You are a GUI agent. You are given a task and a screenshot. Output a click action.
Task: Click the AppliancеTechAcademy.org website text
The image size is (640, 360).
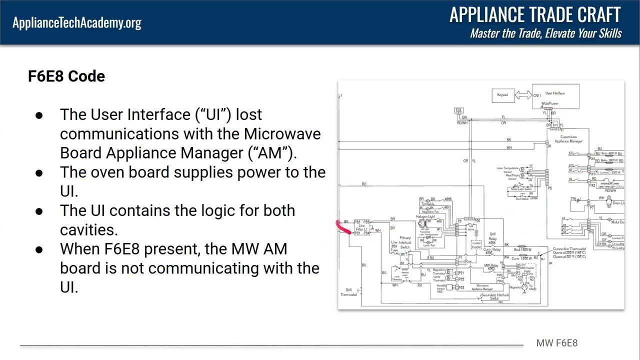point(77,22)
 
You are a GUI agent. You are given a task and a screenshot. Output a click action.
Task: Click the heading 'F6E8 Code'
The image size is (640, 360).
point(66,76)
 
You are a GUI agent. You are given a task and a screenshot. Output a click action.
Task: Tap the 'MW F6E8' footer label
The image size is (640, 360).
point(556,343)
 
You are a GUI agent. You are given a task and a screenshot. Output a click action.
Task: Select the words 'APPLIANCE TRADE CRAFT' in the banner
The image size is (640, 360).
point(535,15)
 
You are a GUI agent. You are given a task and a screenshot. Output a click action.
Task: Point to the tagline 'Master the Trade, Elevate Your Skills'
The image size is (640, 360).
point(545,33)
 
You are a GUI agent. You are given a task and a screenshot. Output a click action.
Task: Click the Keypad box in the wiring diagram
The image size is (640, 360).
point(502,95)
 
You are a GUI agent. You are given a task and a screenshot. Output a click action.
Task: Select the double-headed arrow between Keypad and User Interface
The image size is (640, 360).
point(523,95)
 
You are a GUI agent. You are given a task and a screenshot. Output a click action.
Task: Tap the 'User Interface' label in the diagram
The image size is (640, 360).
point(555,93)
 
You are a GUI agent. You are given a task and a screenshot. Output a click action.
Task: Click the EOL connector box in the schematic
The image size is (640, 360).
point(458,110)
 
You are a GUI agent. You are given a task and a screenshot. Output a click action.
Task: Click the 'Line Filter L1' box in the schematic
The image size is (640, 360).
point(361,228)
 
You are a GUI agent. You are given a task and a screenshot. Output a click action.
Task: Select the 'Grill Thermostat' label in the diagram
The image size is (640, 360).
point(348,292)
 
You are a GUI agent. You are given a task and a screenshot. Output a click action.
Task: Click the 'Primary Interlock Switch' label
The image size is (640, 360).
point(404,242)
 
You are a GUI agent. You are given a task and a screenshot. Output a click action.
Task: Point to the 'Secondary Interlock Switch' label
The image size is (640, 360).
point(494,296)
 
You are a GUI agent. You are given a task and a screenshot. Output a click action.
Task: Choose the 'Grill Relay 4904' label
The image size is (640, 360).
point(492,238)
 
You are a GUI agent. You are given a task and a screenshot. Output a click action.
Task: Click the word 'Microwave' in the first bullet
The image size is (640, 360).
point(282,134)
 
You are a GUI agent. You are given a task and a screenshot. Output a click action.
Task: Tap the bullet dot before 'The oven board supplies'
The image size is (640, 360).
point(39,173)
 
